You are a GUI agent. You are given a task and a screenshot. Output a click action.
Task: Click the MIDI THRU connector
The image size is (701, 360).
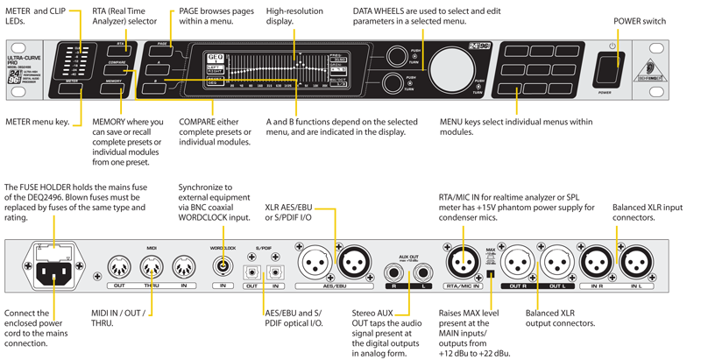point(152,266)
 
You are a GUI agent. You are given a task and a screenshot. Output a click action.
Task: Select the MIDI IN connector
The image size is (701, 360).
point(184,266)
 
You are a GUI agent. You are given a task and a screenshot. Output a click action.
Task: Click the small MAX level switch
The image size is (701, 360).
point(492,276)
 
